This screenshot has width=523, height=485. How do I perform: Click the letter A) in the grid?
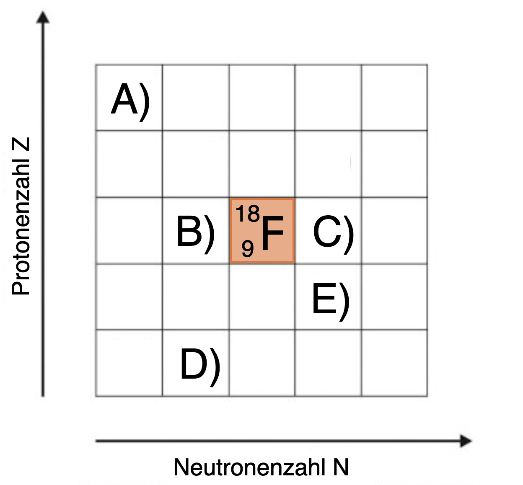[x=130, y=100]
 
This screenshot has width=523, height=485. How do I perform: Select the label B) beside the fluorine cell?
[x=195, y=232]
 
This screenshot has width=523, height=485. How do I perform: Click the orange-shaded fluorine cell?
[x=262, y=231]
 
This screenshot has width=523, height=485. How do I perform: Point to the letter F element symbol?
[x=272, y=233]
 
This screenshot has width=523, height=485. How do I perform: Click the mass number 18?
[x=248, y=214]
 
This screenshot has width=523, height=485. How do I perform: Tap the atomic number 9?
[x=247, y=249]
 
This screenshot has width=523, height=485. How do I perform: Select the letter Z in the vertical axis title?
[x=21, y=144]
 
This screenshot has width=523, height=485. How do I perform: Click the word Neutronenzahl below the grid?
[x=249, y=467]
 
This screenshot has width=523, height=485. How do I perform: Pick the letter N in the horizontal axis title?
[x=341, y=467]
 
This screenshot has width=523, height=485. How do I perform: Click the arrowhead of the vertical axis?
[x=43, y=18]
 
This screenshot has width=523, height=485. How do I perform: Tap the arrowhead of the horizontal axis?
[x=466, y=441]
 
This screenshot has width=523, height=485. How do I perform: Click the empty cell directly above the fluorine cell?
[x=262, y=164]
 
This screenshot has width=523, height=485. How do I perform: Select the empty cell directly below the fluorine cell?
[x=262, y=297]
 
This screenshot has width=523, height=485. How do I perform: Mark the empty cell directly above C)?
[x=328, y=164]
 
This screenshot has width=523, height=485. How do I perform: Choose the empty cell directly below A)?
[x=129, y=164]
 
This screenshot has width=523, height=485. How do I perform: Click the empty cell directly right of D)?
[x=262, y=363]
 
